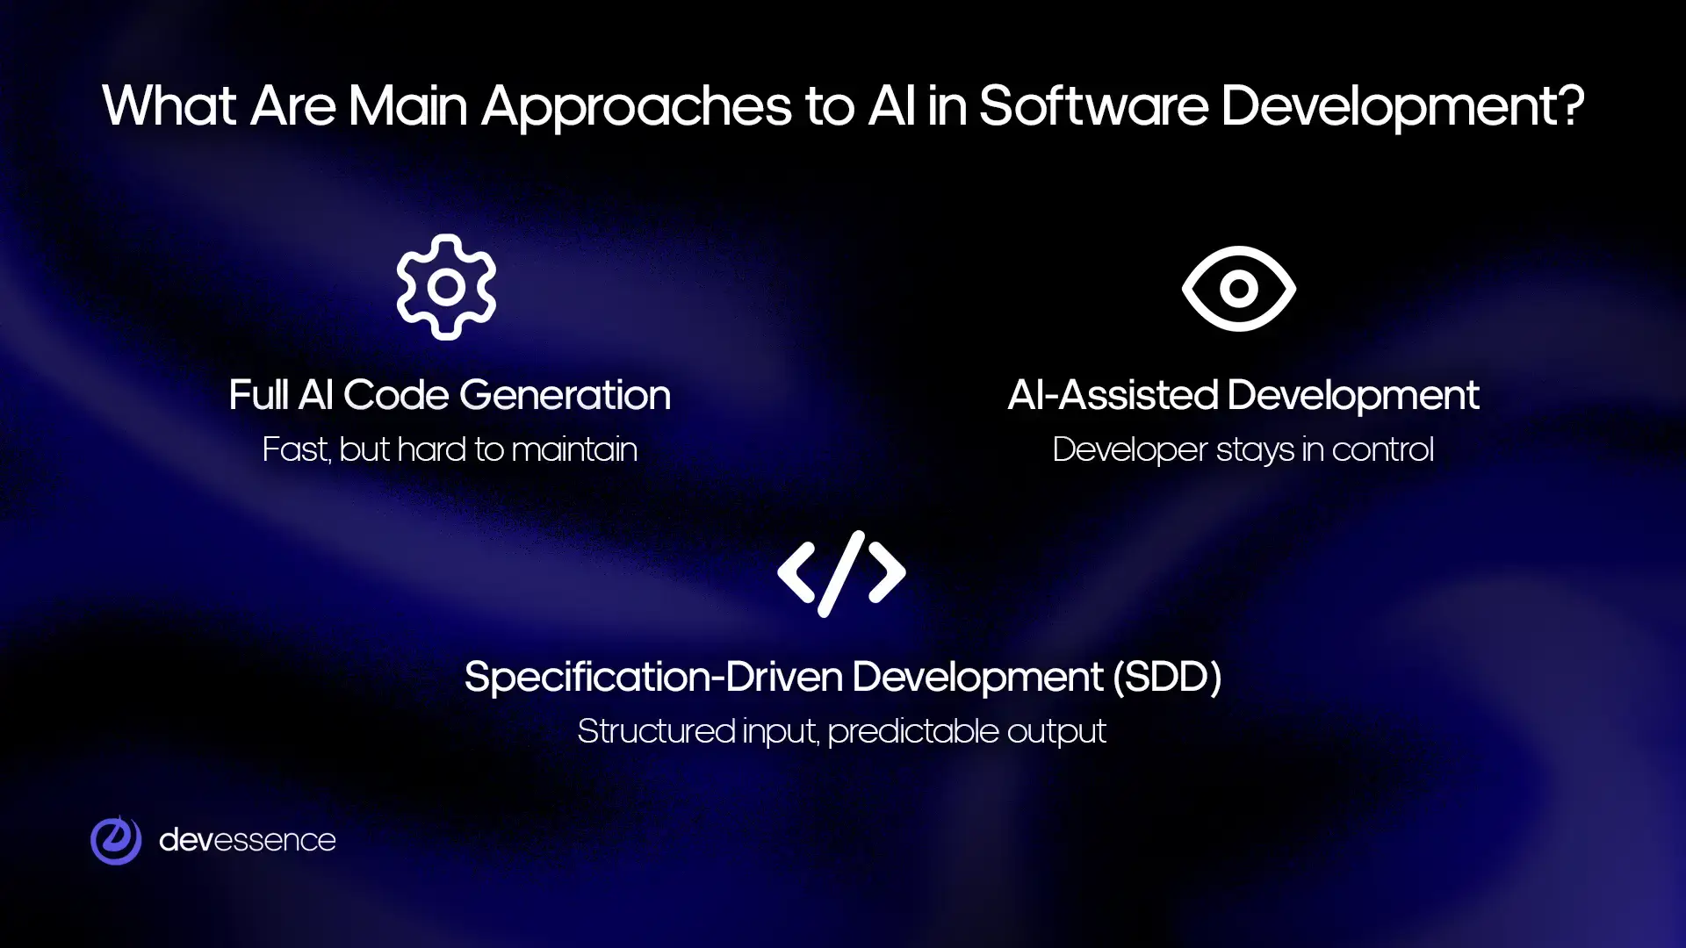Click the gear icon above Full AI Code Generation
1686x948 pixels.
[x=446, y=287]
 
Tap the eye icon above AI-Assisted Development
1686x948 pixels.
[x=1238, y=288]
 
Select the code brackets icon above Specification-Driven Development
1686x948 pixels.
[x=841, y=573]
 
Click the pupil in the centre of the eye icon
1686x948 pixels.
[x=1238, y=288]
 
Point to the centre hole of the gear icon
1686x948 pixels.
[x=446, y=287]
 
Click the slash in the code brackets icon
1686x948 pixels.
[x=841, y=573]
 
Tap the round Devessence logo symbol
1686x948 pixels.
[x=116, y=840]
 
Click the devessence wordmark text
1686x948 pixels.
[x=247, y=840]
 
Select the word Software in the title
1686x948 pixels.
[x=1093, y=106]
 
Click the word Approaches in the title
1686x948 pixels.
[x=637, y=108]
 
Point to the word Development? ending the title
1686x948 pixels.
[x=1402, y=108]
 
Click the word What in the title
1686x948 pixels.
[x=169, y=106]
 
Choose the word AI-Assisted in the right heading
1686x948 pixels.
[x=1113, y=395]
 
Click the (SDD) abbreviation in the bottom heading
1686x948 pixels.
[x=1167, y=677]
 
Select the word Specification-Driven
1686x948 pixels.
[x=653, y=677]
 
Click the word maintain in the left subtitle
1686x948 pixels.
[x=574, y=449]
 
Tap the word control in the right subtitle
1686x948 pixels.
[x=1382, y=449]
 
